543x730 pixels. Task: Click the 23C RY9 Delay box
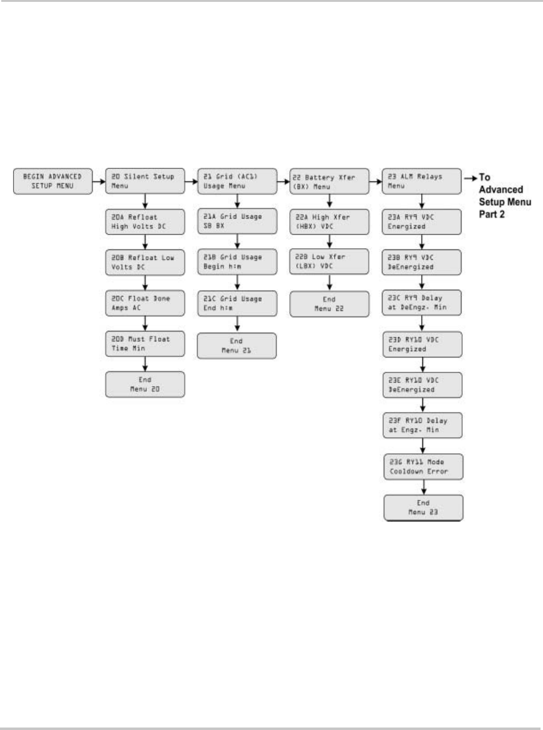tap(422, 303)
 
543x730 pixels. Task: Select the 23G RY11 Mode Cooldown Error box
tap(422, 466)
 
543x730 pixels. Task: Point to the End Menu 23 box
tap(422, 507)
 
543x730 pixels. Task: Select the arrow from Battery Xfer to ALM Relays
tap(375, 182)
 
